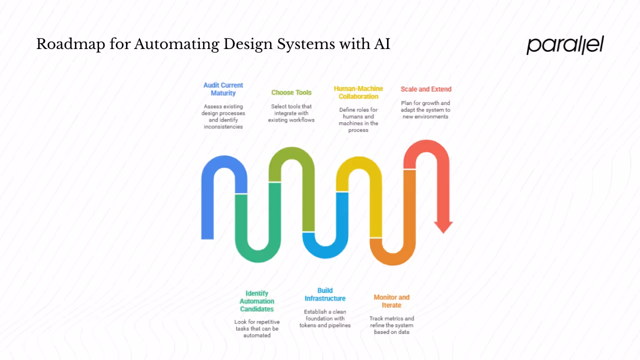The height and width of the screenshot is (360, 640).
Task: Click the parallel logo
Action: tap(565, 44)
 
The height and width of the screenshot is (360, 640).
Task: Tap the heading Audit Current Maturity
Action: tap(223, 89)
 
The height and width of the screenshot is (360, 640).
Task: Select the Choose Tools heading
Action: tap(291, 92)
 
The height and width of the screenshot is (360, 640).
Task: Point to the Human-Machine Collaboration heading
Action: tap(358, 92)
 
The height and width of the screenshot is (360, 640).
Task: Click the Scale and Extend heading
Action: tap(426, 89)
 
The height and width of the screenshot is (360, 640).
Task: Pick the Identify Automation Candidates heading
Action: tap(257, 301)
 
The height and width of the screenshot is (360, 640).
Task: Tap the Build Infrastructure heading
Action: tap(325, 294)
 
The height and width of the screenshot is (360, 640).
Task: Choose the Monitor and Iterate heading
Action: tap(391, 301)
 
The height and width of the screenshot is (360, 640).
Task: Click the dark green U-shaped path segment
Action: tap(257, 250)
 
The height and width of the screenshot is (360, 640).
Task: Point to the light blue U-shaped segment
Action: tap(325, 247)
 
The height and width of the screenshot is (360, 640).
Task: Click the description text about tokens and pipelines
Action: tap(325, 318)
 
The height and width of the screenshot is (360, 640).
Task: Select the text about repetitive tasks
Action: tap(257, 328)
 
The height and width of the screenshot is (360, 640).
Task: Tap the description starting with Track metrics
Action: tap(391, 325)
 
